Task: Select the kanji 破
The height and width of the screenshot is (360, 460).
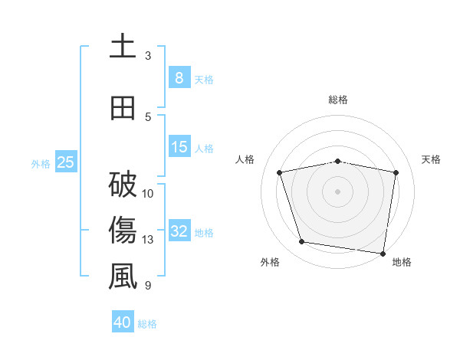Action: (123, 184)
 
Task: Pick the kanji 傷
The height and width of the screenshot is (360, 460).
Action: (123, 230)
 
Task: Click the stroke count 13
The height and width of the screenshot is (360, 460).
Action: (149, 240)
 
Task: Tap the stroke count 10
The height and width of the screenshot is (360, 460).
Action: (149, 193)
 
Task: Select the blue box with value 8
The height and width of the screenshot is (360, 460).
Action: (179, 77)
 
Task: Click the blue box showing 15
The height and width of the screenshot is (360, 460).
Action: (179, 147)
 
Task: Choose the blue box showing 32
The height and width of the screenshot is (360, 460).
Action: (179, 231)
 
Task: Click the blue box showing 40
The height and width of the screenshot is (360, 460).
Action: (123, 322)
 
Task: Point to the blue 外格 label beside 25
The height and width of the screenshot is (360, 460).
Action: (41, 163)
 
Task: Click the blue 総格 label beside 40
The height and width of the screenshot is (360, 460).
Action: (147, 324)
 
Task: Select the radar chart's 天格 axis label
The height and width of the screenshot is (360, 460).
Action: (432, 159)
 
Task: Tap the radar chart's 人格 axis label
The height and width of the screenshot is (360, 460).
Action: (245, 159)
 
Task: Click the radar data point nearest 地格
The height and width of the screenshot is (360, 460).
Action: (383, 253)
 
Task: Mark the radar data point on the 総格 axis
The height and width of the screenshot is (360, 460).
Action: (337, 161)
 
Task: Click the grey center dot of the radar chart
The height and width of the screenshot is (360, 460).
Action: (337, 191)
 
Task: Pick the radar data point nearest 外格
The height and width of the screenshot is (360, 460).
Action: (302, 242)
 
